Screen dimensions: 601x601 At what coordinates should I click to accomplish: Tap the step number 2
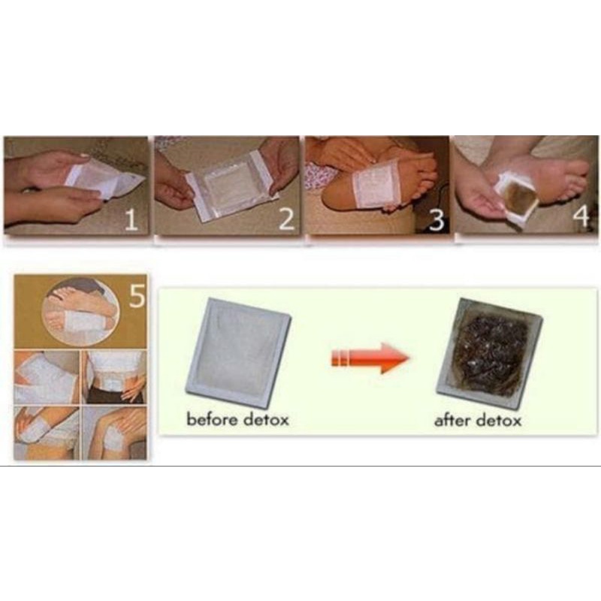[x=287, y=219]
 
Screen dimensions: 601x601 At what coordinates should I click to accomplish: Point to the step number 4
[x=581, y=216]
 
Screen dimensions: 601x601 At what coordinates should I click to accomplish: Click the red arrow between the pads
[x=370, y=358]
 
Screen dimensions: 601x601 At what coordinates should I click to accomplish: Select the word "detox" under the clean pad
[x=266, y=419]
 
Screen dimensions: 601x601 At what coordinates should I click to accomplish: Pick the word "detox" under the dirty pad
[x=499, y=420]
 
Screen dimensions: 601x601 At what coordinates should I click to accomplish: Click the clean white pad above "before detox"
[x=238, y=352]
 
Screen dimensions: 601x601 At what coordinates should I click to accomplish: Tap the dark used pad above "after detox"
[x=490, y=354]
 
